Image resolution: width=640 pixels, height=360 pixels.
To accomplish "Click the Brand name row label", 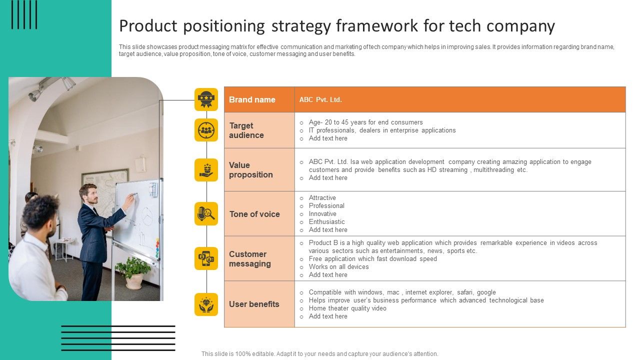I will click(x=252, y=99).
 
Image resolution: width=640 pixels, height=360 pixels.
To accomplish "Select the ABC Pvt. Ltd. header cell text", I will click(x=320, y=99).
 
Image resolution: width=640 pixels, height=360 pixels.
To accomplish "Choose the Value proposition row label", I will click(x=250, y=170).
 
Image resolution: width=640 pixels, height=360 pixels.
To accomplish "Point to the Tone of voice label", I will click(x=254, y=214).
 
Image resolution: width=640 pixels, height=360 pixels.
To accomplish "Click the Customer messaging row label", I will click(x=249, y=259).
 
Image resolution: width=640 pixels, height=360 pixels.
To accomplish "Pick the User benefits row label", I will click(x=254, y=304).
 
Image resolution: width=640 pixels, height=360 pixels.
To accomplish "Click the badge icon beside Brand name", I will click(x=206, y=99).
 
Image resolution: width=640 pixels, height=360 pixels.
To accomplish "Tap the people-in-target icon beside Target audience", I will click(x=206, y=130).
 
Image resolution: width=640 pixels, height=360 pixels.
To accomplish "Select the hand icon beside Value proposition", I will click(x=206, y=170).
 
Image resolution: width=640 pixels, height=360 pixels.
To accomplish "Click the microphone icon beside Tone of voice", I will click(x=206, y=214).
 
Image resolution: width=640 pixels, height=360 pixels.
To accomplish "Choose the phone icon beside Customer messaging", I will click(x=206, y=258).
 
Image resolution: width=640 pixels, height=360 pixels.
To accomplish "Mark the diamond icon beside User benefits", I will click(x=206, y=304).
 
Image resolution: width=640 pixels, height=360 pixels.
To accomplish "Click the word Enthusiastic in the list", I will click(x=326, y=221).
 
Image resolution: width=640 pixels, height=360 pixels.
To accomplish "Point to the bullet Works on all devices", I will click(x=338, y=266).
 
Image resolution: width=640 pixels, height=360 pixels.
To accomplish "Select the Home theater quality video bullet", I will click(x=347, y=308).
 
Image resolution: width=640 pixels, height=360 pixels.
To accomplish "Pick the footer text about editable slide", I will click(x=319, y=353).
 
